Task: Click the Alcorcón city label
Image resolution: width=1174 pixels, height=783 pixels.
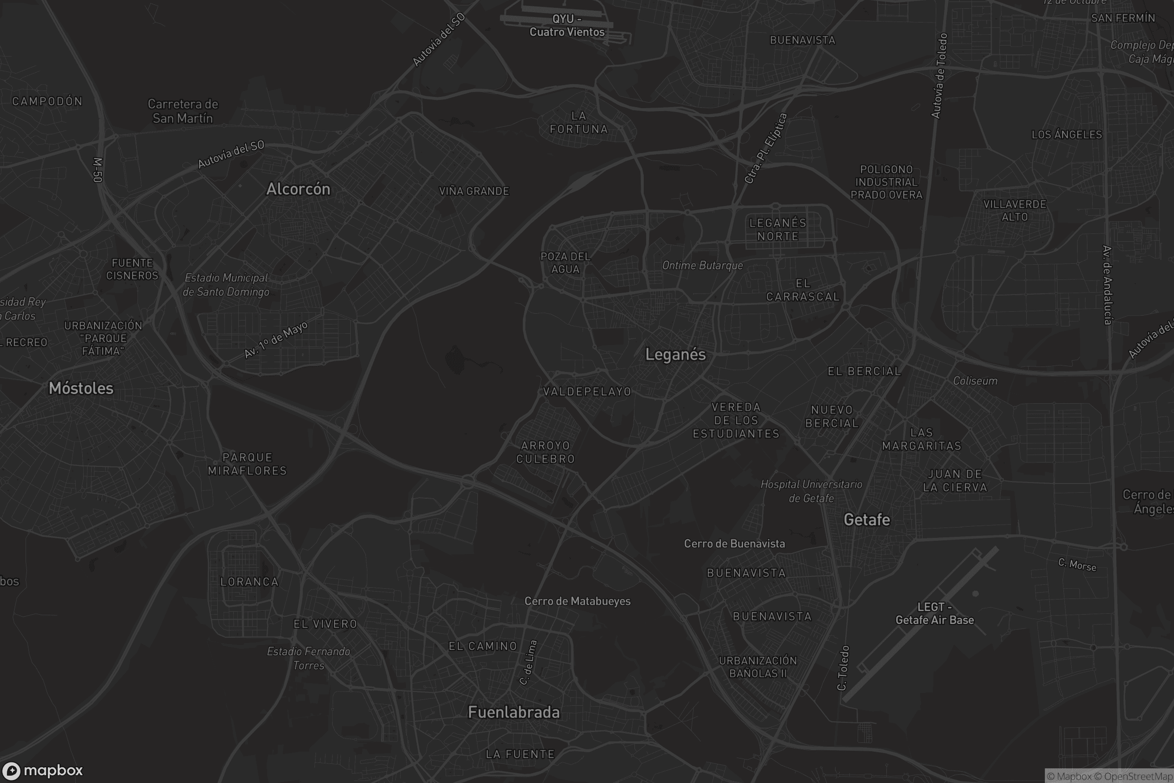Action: point(298,189)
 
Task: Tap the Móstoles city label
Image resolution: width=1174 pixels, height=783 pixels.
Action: point(81,388)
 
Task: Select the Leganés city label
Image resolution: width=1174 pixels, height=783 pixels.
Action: point(676,354)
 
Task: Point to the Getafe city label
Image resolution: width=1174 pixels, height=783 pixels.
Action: point(866,520)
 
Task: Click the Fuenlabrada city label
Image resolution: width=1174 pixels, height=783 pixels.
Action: point(514,712)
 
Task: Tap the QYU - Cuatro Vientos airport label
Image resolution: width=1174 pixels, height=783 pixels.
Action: point(567,25)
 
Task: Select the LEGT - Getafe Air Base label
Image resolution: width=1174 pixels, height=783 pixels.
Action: point(934,614)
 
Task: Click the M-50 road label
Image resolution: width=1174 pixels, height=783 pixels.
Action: point(98,170)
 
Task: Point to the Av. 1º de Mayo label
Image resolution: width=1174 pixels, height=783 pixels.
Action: point(276,340)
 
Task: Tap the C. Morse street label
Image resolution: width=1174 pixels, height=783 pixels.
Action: point(1077,565)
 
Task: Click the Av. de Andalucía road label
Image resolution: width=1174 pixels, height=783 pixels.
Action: point(1107,285)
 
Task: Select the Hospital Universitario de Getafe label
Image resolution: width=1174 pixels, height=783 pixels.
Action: point(811,491)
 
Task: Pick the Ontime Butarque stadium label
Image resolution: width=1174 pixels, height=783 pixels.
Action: point(702,266)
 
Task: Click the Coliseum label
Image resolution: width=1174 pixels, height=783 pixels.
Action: point(975,381)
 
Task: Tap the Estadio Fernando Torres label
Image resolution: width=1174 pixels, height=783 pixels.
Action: point(309,658)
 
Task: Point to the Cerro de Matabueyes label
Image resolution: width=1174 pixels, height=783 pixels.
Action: point(578,601)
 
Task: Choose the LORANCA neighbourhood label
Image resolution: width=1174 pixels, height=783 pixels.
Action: point(249,582)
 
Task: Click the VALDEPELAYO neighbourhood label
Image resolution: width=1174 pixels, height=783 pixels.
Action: point(587,391)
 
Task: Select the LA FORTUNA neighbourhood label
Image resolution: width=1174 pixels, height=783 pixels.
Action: point(579,122)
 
